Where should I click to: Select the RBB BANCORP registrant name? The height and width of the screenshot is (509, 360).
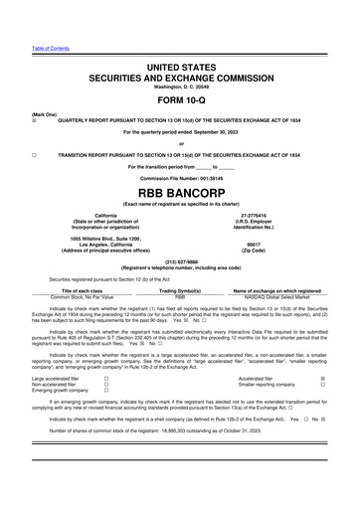tap(180, 190)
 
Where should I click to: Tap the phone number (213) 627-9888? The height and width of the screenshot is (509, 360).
tap(180, 263)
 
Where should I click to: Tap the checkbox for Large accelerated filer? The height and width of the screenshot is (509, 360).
tap(106, 379)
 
